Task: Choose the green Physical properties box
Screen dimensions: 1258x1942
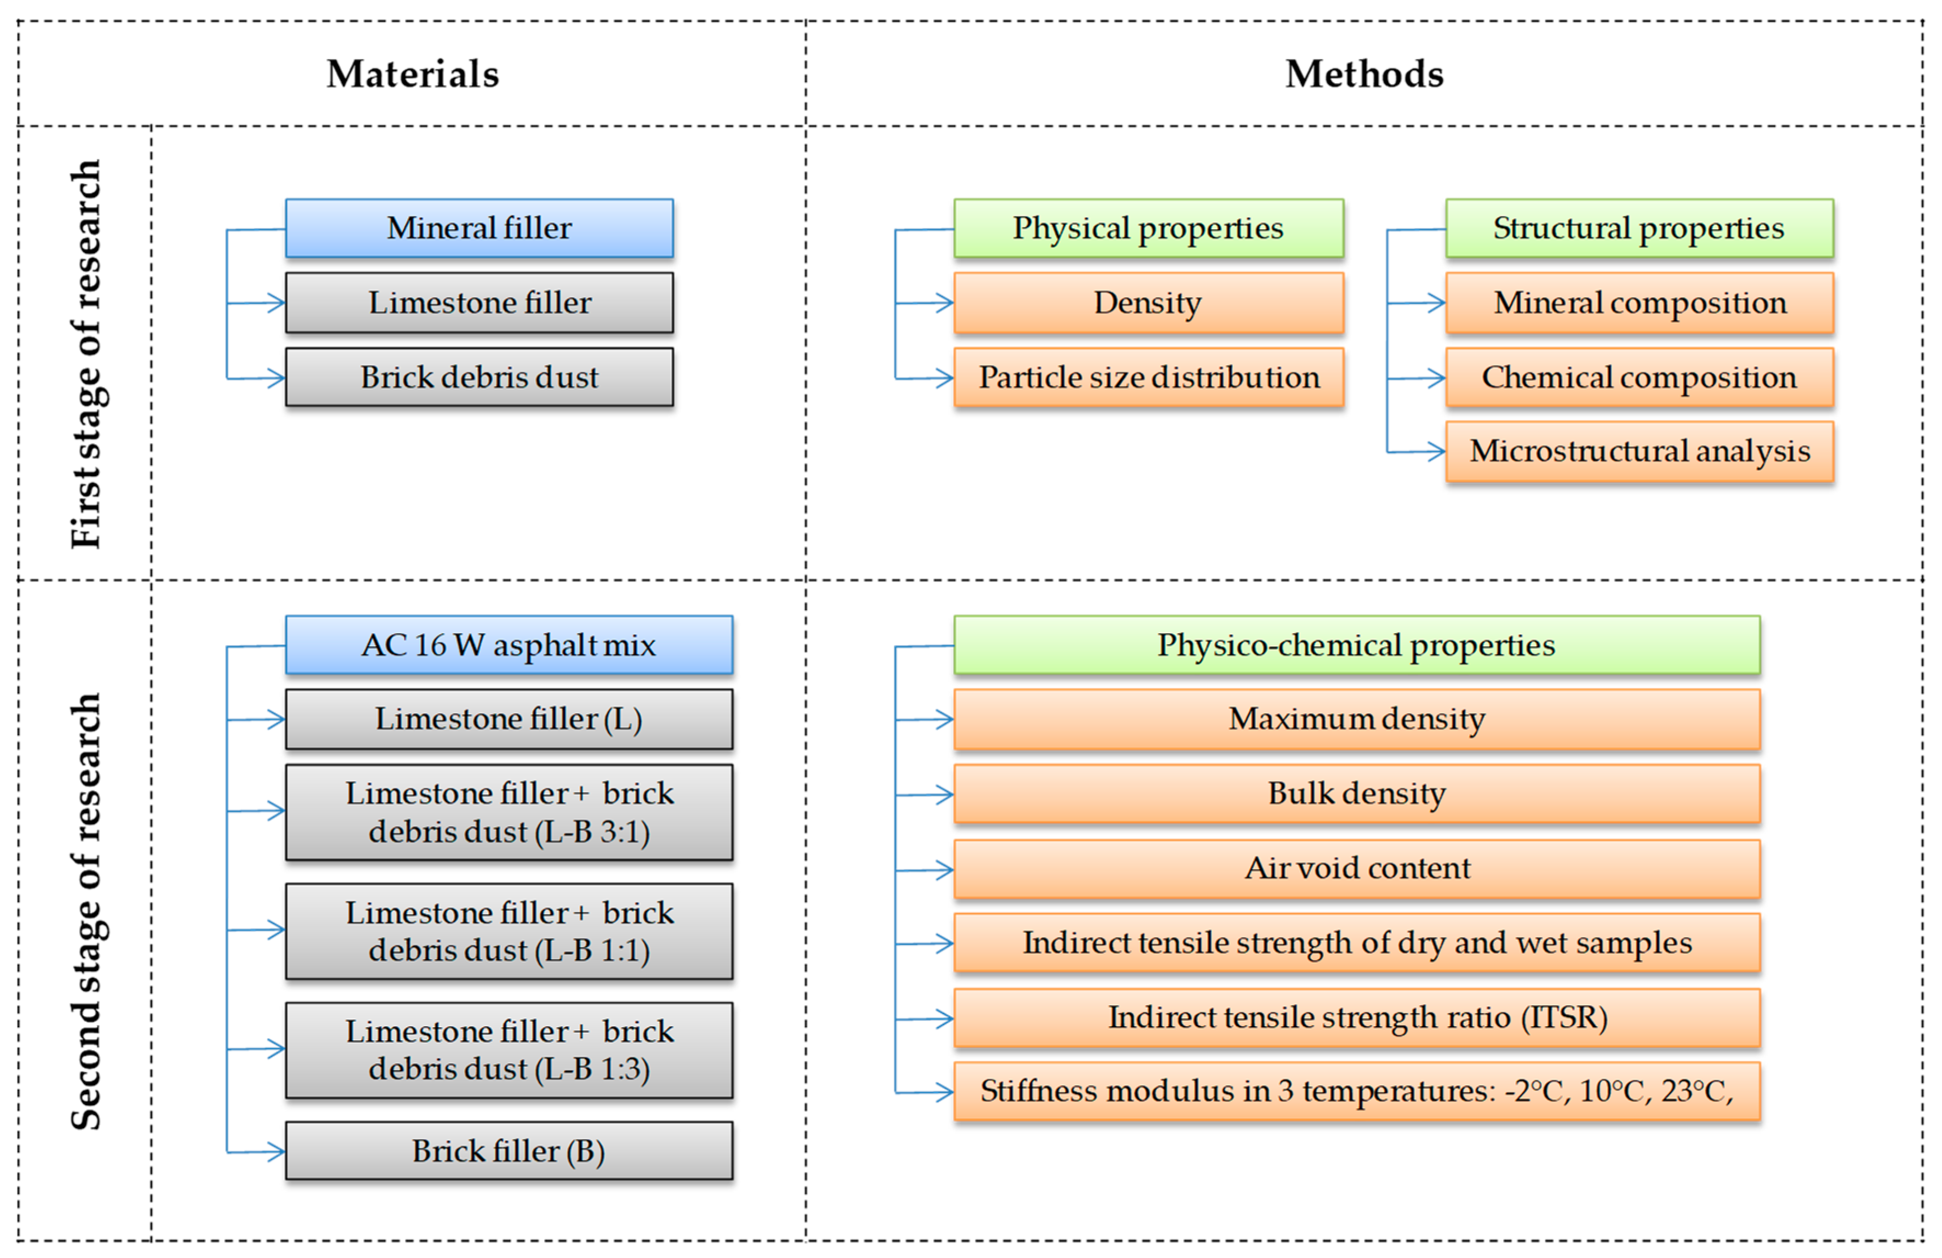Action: pyautogui.click(x=1148, y=228)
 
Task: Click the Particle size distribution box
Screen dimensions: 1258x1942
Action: pyautogui.click(x=1148, y=377)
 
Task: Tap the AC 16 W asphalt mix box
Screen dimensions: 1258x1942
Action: pyautogui.click(x=509, y=645)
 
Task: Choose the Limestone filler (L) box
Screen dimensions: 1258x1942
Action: pyautogui.click(x=509, y=719)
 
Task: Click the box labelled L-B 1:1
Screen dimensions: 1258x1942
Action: pyautogui.click(x=509, y=931)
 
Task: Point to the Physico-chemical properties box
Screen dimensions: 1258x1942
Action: pyautogui.click(x=1356, y=645)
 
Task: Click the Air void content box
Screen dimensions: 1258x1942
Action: pyautogui.click(x=1356, y=868)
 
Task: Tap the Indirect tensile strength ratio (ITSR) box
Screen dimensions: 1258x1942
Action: pyautogui.click(x=1356, y=1017)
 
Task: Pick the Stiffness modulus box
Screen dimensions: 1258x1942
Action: pyautogui.click(x=1356, y=1091)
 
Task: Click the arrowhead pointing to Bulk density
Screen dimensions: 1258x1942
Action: pyautogui.click(x=945, y=794)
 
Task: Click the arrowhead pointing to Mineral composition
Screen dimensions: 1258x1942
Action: pyautogui.click(x=1437, y=303)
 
